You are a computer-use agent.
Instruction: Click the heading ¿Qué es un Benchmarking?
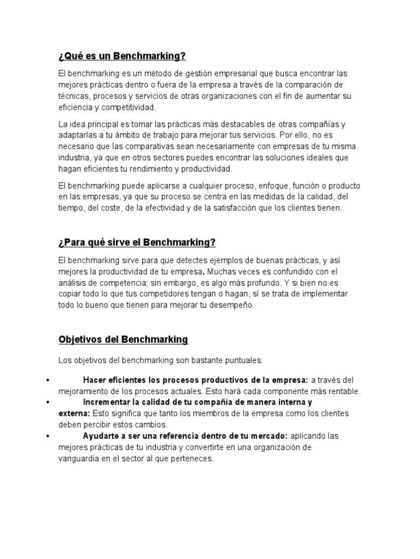(x=122, y=56)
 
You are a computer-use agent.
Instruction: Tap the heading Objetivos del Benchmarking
(x=123, y=340)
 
